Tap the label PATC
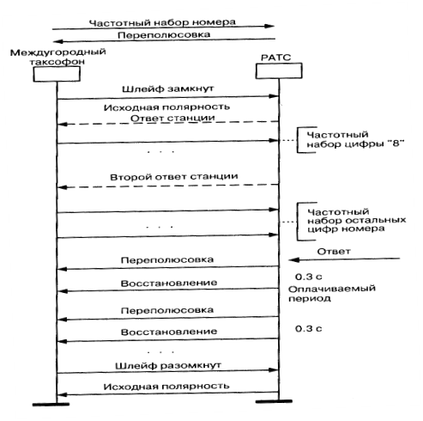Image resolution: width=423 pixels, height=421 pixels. (x=275, y=58)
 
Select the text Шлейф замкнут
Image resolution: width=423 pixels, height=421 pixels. (x=168, y=88)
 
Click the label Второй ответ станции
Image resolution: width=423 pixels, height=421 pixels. (x=174, y=177)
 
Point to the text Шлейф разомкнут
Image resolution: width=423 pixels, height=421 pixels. (x=168, y=366)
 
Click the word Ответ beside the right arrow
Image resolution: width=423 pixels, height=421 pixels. (x=334, y=252)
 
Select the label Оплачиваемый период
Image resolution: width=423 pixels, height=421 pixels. (x=332, y=293)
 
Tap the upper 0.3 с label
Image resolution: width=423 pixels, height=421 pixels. (x=309, y=277)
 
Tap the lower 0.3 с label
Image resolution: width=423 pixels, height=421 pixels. (x=309, y=328)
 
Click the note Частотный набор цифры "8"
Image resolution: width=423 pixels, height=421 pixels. (x=355, y=139)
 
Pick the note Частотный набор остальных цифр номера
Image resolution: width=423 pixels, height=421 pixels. (x=357, y=221)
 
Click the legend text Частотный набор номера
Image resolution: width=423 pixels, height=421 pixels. (x=162, y=22)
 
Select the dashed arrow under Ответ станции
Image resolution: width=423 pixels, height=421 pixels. (x=168, y=123)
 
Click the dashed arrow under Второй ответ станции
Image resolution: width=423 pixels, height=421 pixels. (x=168, y=186)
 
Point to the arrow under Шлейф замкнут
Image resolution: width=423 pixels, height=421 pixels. (x=168, y=98)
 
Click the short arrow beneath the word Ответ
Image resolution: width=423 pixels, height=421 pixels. (x=344, y=259)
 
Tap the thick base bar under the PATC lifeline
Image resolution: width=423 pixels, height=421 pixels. (x=274, y=401)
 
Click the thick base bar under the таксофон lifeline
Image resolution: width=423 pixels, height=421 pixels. (x=51, y=405)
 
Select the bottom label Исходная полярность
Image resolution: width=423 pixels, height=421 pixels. (x=166, y=387)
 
